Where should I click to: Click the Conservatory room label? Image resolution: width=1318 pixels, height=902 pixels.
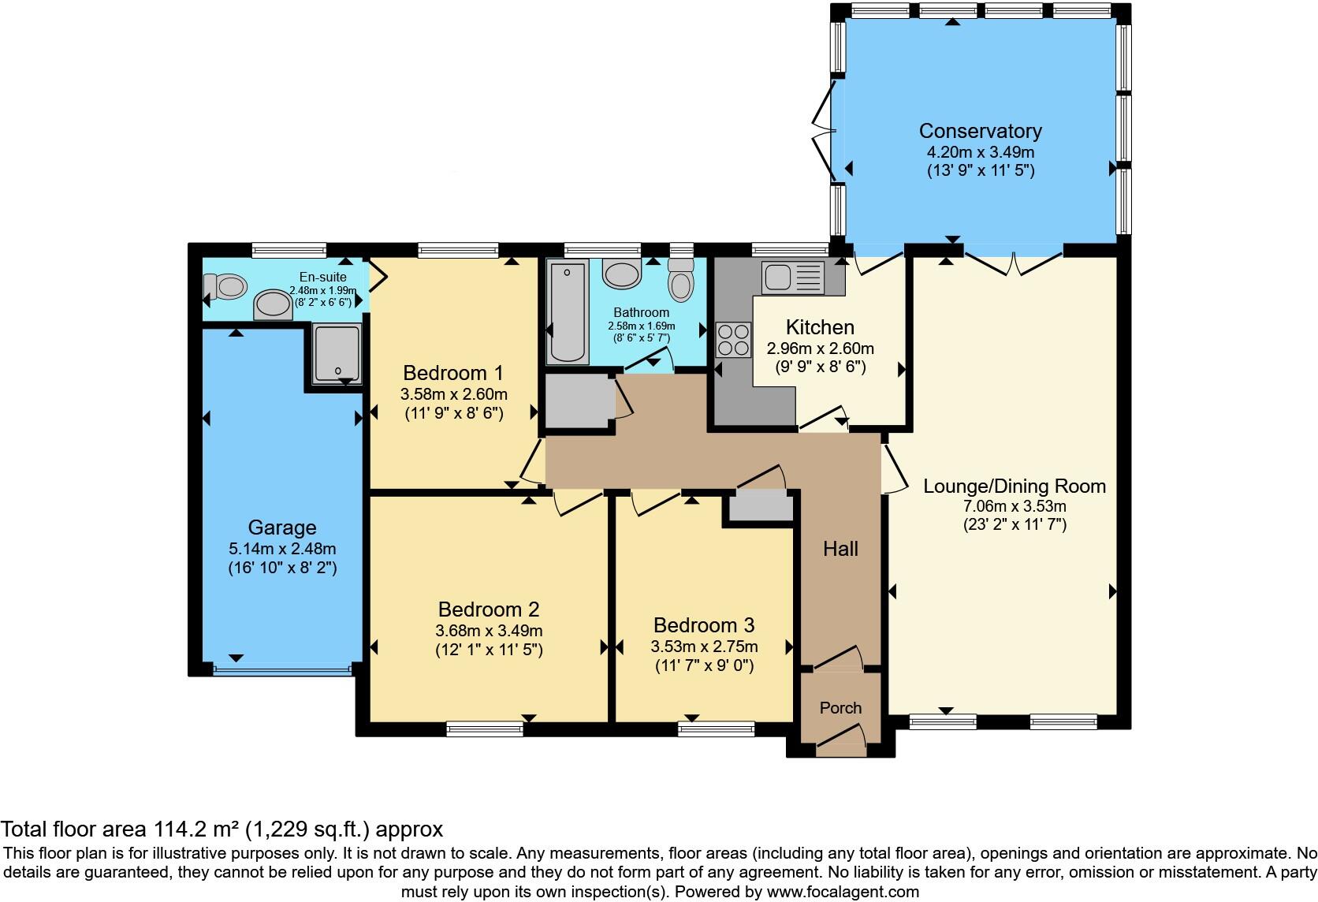[x=980, y=131]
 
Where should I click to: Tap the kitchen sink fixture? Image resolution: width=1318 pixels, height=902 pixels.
[x=793, y=278]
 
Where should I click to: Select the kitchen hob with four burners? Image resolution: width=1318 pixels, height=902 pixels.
[x=733, y=340]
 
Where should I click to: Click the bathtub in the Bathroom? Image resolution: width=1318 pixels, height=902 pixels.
[x=568, y=312]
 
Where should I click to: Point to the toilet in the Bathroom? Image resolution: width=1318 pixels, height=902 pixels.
[x=681, y=279]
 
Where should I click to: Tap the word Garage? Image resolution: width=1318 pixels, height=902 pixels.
[x=282, y=527]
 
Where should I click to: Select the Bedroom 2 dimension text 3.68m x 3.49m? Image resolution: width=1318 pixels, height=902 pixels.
[x=489, y=631]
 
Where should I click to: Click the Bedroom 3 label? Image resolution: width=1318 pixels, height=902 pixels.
[x=704, y=625]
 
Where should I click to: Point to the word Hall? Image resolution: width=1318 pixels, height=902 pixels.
[x=840, y=549]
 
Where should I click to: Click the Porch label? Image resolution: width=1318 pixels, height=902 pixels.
[x=840, y=708]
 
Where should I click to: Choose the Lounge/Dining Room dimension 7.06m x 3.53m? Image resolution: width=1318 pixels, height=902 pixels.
[x=1015, y=506]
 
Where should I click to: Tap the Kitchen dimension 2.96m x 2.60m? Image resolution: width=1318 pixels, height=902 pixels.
[x=820, y=348]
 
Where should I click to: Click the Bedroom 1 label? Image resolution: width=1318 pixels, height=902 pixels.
[x=453, y=372]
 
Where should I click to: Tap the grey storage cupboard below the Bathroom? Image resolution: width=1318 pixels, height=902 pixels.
[x=579, y=401]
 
